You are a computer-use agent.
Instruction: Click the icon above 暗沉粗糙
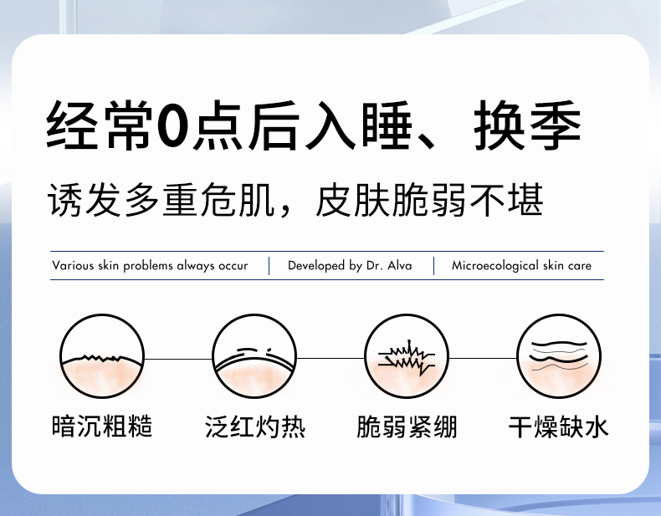101,356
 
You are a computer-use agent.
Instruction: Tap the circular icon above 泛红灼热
254,356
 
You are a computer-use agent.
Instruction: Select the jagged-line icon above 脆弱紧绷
407,356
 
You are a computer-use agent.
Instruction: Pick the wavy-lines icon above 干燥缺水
559,356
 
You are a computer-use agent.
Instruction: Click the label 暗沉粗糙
101,427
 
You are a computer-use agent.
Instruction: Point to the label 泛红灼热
255,427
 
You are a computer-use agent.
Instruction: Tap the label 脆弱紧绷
407,427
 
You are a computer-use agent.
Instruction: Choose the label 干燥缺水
559,427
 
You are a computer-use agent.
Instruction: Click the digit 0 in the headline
172,125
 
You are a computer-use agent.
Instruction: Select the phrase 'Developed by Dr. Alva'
350,265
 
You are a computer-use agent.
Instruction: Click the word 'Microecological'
494,265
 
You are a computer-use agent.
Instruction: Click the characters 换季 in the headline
528,125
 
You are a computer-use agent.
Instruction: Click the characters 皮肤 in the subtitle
353,200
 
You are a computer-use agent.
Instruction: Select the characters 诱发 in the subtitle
83,200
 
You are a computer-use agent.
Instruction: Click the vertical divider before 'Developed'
269,266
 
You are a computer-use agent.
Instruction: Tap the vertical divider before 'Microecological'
433,266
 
